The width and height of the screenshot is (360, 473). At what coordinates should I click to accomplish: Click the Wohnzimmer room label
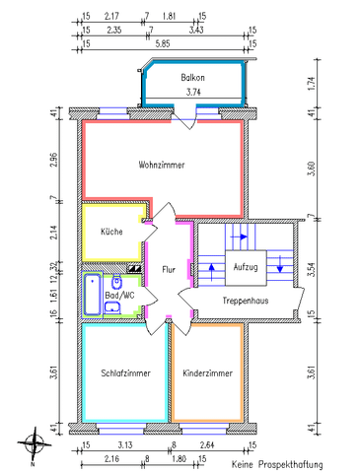[162, 166]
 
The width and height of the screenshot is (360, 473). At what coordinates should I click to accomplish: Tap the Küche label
[111, 232]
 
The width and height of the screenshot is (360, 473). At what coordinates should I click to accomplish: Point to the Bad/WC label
[120, 295]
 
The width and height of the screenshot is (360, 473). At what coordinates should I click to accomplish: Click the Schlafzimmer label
[125, 373]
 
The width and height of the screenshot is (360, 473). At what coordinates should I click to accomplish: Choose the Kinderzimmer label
[207, 373]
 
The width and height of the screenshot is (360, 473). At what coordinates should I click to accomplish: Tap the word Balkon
[193, 78]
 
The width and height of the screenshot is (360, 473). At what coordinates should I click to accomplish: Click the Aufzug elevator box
[246, 267]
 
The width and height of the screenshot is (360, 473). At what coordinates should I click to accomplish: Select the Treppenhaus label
[246, 301]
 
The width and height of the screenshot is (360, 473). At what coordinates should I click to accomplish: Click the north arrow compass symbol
[36, 441]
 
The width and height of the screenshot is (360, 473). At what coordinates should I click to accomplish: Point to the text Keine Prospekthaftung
[277, 463]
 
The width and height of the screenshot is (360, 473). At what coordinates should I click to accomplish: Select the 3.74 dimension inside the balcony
[193, 94]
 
